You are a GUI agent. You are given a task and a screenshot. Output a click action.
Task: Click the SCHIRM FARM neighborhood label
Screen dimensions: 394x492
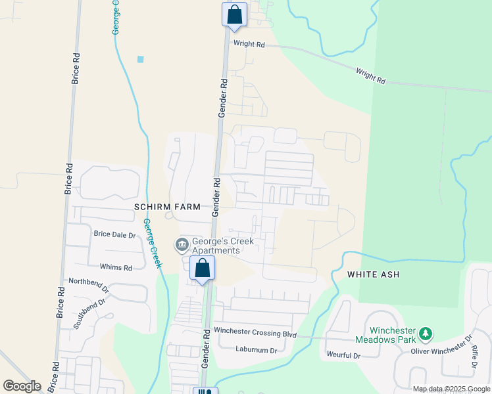[167, 207]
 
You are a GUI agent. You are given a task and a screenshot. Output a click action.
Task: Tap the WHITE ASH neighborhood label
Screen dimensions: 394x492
[374, 274]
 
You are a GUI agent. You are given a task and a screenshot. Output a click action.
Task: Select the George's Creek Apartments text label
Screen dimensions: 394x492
[222, 246]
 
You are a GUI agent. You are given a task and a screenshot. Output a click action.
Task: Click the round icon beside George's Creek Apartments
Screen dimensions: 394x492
[182, 246]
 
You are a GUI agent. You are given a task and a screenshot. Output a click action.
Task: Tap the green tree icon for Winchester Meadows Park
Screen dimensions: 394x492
[426, 335]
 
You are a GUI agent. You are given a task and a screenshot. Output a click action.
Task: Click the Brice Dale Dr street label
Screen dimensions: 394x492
[114, 234]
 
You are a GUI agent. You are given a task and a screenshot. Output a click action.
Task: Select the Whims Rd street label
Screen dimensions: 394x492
[116, 267]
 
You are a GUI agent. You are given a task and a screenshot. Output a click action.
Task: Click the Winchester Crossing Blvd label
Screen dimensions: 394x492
[255, 334]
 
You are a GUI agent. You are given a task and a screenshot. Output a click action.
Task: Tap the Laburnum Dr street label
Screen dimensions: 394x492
[257, 350]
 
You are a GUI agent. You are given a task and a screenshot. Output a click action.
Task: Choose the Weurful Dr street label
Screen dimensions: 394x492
[344, 355]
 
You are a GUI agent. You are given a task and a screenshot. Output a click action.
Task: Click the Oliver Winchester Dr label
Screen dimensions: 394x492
[442, 347]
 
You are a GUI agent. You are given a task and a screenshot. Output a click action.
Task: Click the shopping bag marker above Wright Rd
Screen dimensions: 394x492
[235, 14]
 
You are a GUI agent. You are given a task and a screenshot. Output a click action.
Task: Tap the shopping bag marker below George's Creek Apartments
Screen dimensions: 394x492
[202, 268]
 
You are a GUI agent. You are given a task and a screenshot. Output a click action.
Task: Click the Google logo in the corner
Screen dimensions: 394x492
[22, 386]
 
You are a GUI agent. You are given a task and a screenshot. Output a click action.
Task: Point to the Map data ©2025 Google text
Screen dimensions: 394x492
[452, 389]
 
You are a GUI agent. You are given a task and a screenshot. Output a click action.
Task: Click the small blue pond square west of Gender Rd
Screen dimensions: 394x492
[140, 59]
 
